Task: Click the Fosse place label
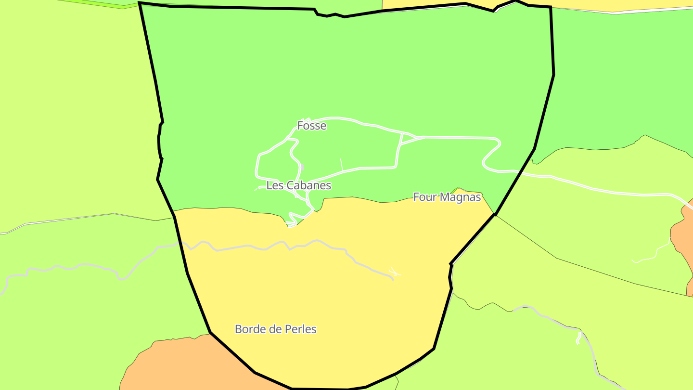click(x=311, y=126)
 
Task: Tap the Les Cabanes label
click(x=298, y=185)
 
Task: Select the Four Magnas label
click(x=447, y=197)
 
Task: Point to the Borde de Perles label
click(x=275, y=329)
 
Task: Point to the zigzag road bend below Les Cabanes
click(x=292, y=219)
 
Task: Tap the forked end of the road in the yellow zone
click(x=395, y=273)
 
